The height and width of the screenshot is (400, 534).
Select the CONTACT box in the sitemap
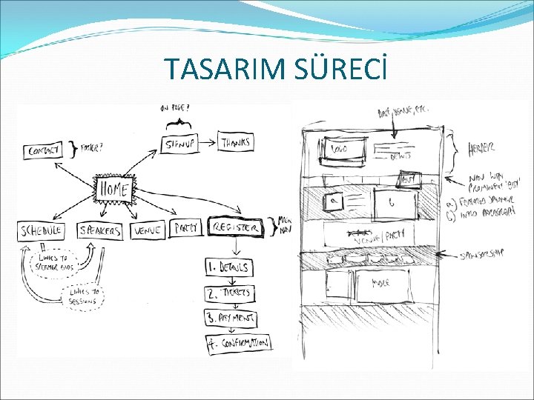[42, 150]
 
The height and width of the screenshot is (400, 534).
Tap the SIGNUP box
[180, 143]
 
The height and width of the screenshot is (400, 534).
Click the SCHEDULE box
[42, 230]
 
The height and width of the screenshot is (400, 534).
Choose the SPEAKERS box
[100, 230]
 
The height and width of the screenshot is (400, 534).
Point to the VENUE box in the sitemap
[148, 230]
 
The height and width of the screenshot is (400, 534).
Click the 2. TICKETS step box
[230, 293]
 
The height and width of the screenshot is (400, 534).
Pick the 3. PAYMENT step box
[231, 319]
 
